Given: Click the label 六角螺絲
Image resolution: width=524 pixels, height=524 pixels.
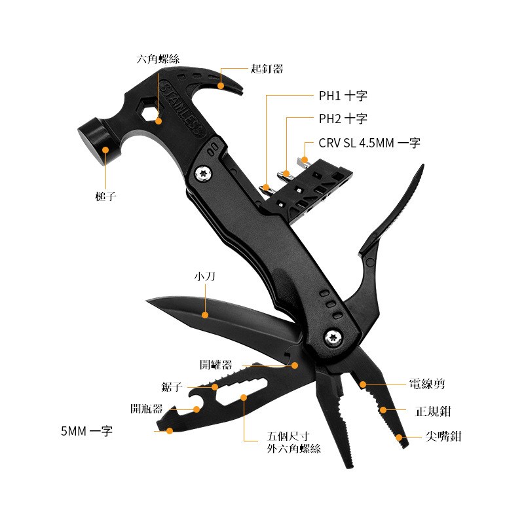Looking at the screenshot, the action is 158,59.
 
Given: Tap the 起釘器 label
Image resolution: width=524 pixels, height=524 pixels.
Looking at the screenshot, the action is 267,69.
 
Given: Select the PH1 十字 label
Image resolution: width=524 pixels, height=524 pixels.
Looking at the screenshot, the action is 343,96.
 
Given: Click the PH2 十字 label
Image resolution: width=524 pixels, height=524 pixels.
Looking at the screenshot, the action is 343,119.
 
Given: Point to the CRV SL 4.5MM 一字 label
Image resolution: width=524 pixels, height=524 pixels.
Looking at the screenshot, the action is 369,143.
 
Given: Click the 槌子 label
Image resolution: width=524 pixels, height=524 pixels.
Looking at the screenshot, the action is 105,196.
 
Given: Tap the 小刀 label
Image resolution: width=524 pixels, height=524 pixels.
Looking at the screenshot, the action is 205,276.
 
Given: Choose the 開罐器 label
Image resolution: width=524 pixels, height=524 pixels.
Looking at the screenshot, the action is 216,365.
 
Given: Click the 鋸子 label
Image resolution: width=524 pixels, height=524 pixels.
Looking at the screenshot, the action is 172,387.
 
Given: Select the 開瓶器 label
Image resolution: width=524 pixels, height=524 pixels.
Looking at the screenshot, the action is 146,409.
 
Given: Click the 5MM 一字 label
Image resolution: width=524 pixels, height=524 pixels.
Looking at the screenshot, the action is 86,431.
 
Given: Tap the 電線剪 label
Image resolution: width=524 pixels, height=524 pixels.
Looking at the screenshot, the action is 427,384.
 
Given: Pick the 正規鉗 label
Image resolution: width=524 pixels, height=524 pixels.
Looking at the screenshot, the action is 433,411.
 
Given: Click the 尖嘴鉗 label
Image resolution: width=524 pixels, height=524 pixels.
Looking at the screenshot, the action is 443,436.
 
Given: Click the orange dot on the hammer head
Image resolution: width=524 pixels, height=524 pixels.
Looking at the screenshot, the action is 105,150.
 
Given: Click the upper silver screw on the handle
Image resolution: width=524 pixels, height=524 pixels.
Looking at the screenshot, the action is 203,173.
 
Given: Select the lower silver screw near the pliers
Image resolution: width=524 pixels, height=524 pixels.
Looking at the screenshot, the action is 333,337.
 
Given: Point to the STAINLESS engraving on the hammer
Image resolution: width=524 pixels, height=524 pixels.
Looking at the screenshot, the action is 182,109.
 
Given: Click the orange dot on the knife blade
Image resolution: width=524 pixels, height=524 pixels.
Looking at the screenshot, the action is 205,315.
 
